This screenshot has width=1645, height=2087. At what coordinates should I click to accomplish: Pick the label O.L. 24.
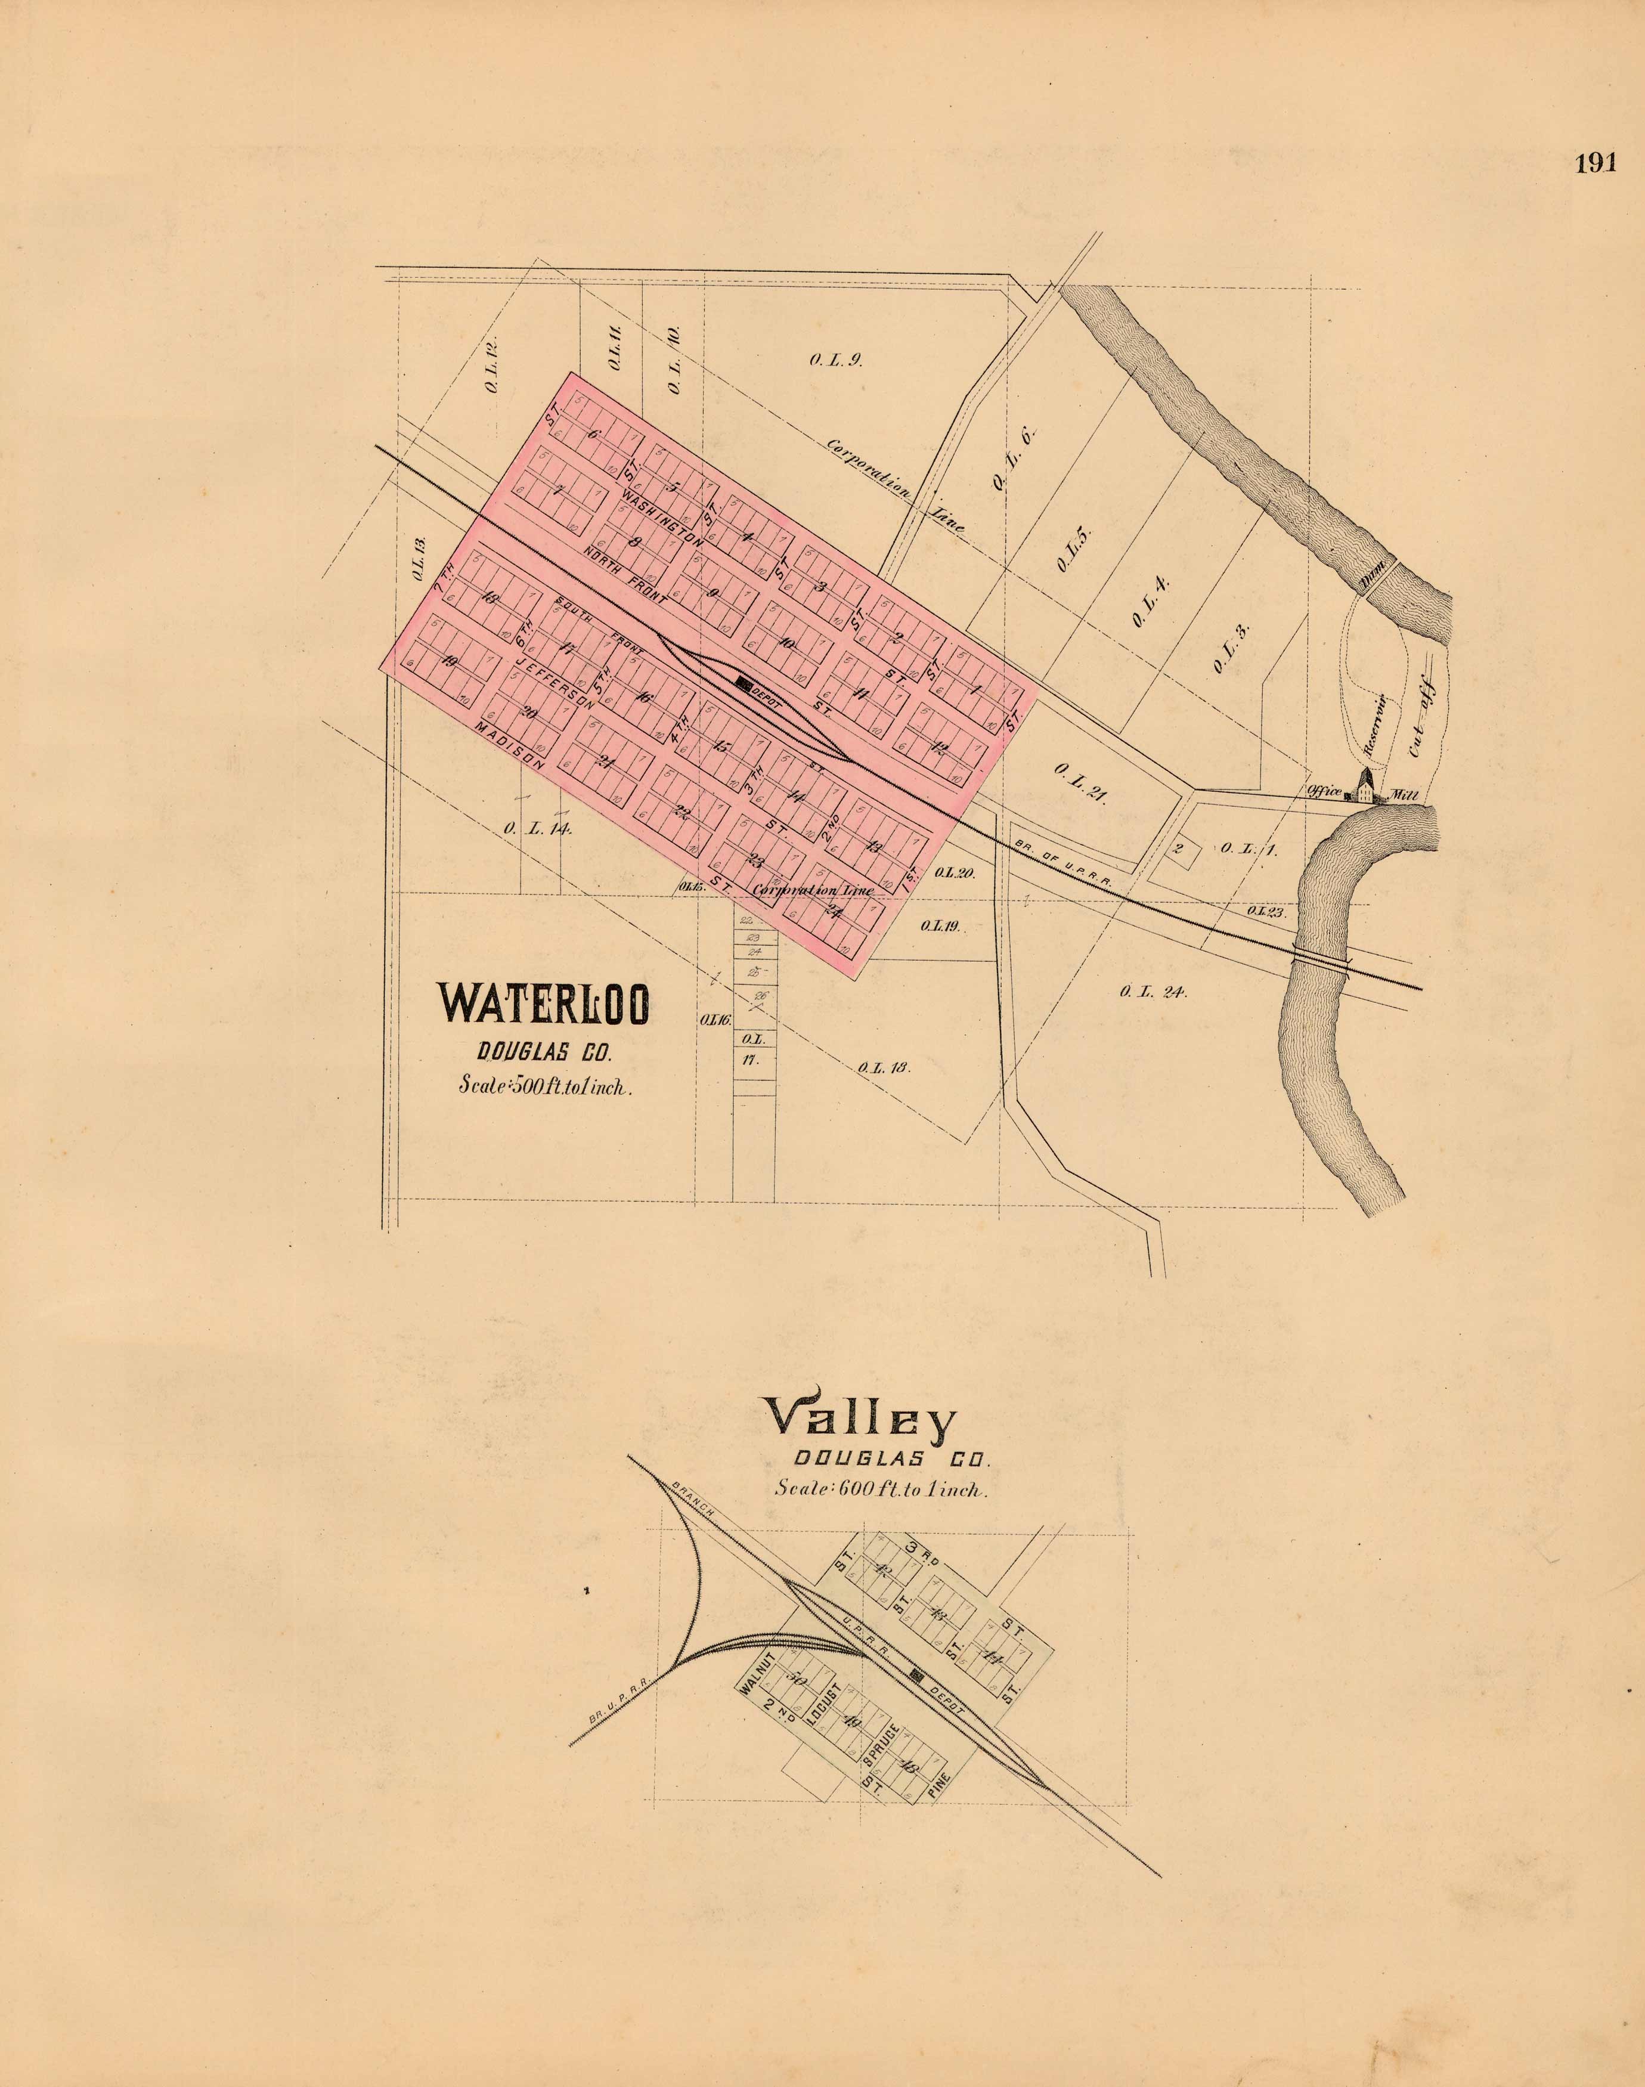[x=1153, y=992]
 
